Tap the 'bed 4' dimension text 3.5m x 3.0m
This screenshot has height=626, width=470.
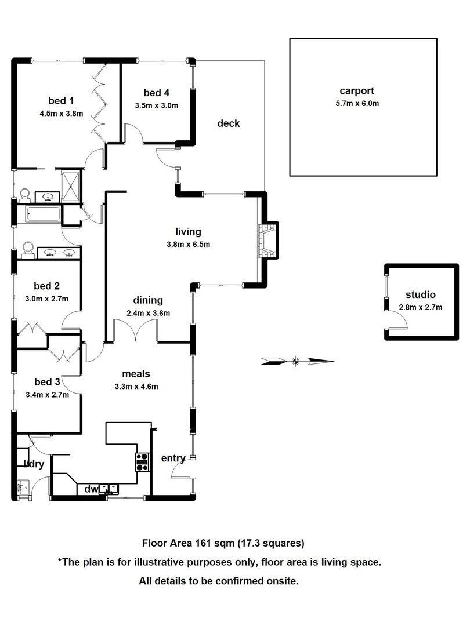point(156,105)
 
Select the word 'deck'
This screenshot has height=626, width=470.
point(229,123)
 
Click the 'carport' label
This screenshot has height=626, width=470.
point(357,90)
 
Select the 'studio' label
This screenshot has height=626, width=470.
point(421,294)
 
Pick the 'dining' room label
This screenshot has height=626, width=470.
point(148,300)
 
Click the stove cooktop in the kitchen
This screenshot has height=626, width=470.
point(143,462)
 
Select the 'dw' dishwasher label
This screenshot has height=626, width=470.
point(91,489)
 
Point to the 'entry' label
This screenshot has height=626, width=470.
point(173,458)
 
